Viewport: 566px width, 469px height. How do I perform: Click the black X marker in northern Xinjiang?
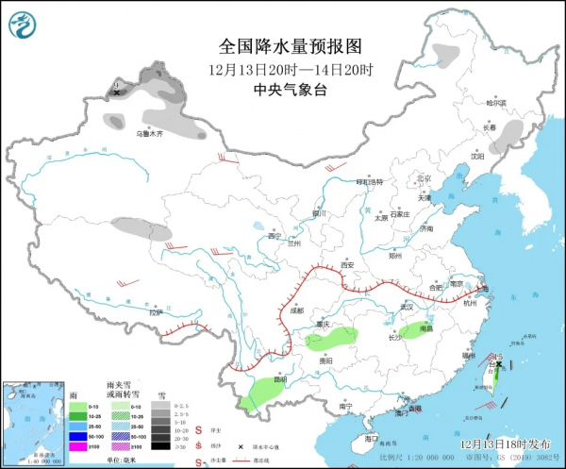tap(116, 92)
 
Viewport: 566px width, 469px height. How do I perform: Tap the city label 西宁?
tap(275, 235)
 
